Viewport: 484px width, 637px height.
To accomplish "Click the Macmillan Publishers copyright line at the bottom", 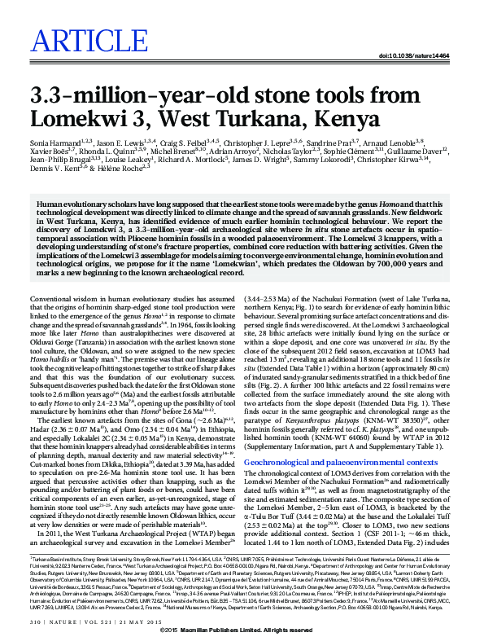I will (x=242, y=631).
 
